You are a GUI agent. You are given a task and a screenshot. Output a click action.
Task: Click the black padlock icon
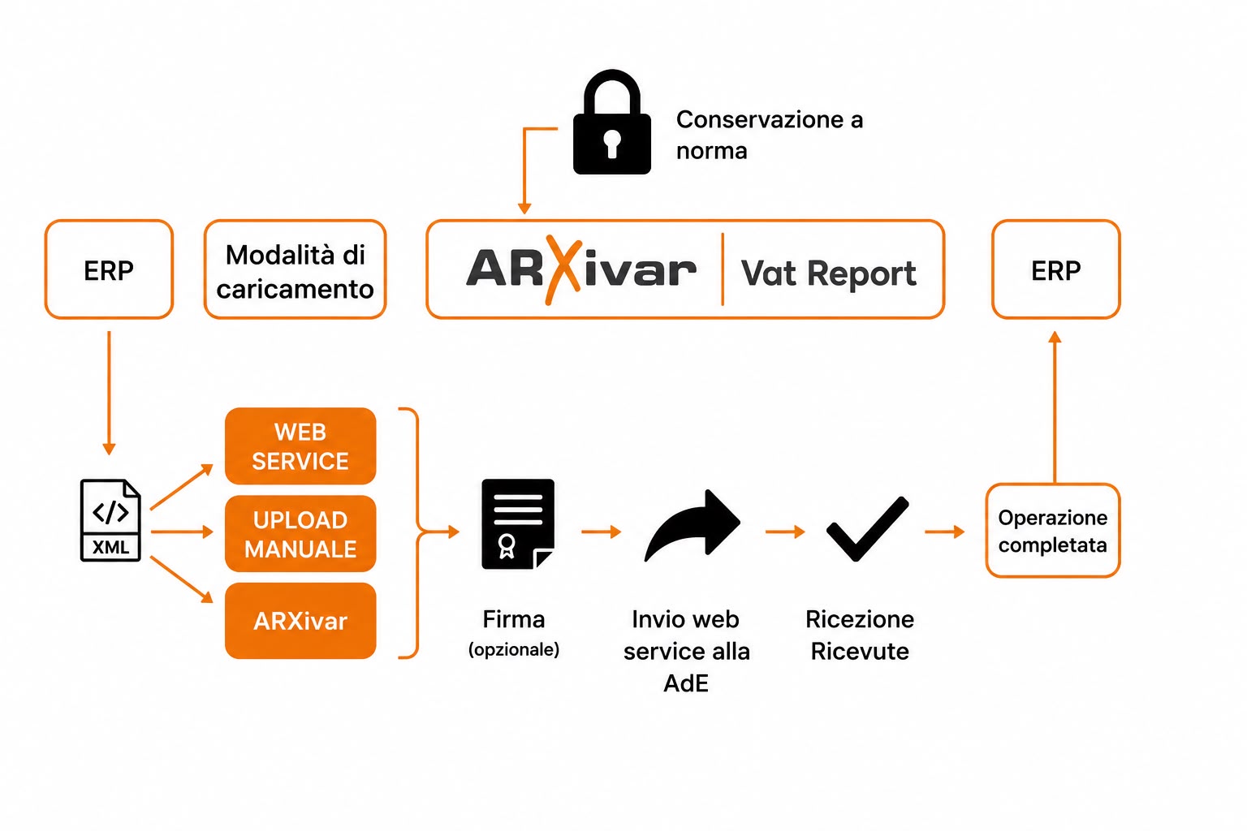coord(612,122)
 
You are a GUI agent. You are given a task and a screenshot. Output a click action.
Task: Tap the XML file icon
coord(110,520)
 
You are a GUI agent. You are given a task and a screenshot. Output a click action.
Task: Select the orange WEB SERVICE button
coord(300,446)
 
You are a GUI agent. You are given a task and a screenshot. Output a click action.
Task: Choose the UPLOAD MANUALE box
coord(300,534)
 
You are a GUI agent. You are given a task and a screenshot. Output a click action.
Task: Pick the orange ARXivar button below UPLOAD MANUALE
coord(300,621)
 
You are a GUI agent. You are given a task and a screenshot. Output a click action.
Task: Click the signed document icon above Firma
coord(518,523)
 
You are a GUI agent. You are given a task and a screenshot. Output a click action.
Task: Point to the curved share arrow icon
coord(693,525)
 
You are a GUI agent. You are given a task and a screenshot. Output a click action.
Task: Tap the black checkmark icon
coord(867,529)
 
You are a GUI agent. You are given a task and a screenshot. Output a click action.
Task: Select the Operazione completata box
coord(1053,531)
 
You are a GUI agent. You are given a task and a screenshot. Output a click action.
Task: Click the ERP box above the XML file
coord(109,269)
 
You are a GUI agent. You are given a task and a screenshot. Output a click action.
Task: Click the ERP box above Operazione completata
coord(1056,269)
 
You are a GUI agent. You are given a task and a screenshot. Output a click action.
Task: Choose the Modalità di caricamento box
coord(295,269)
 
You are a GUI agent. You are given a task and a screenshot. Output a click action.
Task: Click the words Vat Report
coord(828,273)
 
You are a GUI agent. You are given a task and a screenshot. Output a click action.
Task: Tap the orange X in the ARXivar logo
coord(563,270)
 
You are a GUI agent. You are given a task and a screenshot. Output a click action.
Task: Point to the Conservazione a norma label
coord(770,136)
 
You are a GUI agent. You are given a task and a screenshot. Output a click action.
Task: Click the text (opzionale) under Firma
coord(513,649)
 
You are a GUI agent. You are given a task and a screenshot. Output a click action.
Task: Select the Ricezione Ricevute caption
coord(860,635)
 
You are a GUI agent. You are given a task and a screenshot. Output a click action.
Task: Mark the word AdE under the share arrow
coord(686,683)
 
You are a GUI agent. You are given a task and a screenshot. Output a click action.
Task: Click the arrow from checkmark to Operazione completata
coord(944,532)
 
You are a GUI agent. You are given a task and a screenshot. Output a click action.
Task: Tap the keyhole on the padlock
coord(612,144)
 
